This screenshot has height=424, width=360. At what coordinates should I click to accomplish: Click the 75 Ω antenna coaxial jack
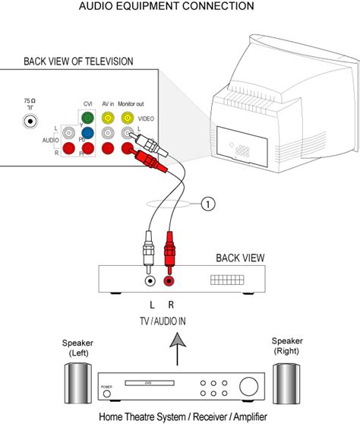(29, 119)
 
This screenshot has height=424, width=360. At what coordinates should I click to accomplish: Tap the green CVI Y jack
(87, 118)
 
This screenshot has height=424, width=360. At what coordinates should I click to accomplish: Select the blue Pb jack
(87, 132)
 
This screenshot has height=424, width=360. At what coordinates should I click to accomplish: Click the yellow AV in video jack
(109, 118)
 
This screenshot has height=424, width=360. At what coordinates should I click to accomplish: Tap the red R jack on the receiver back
(169, 280)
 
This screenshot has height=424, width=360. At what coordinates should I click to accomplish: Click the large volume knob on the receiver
(248, 388)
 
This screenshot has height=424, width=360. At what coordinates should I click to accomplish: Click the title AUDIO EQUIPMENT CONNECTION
(178, 7)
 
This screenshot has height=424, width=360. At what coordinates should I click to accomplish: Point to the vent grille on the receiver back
(229, 280)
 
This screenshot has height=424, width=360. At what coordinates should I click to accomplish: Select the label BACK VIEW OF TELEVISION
(78, 61)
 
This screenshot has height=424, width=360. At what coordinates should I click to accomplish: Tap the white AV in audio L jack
(109, 132)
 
